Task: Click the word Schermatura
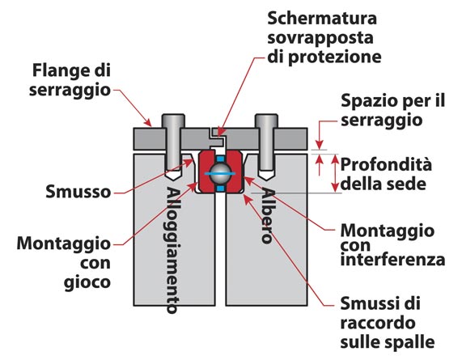322,19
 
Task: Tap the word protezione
334,57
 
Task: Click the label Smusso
78,192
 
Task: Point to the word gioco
87,282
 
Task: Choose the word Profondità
386,164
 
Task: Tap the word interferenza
392,260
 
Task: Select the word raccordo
378,323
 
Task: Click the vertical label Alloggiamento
173,250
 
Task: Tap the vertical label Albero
268,215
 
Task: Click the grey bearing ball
221,173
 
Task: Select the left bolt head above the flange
173,121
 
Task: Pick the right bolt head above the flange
266,121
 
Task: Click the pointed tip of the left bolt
173,180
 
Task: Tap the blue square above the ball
220,159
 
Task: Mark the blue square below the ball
220,188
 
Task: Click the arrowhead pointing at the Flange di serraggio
148,122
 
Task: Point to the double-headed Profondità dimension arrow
335,174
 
